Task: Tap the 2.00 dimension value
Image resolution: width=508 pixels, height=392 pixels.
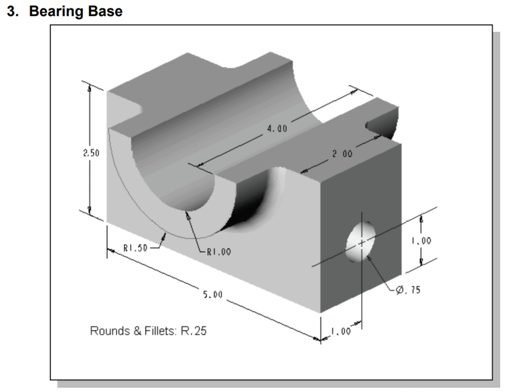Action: pyautogui.click(x=342, y=153)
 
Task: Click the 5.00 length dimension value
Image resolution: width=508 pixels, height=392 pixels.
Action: pyautogui.click(x=213, y=295)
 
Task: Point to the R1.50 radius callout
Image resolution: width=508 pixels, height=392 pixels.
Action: pyautogui.click(x=136, y=248)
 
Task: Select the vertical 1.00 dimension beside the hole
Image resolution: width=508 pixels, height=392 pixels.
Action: pyautogui.click(x=421, y=241)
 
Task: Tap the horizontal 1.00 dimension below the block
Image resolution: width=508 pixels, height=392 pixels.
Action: pyautogui.click(x=340, y=331)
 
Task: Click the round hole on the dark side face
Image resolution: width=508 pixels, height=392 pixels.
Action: pyautogui.click(x=361, y=241)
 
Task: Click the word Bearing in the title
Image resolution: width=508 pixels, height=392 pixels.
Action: pyautogui.click(x=57, y=11)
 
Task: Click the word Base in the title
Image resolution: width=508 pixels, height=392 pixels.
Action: pyautogui.click(x=106, y=11)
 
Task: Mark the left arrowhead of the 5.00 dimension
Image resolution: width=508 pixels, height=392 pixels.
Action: pyautogui.click(x=111, y=251)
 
